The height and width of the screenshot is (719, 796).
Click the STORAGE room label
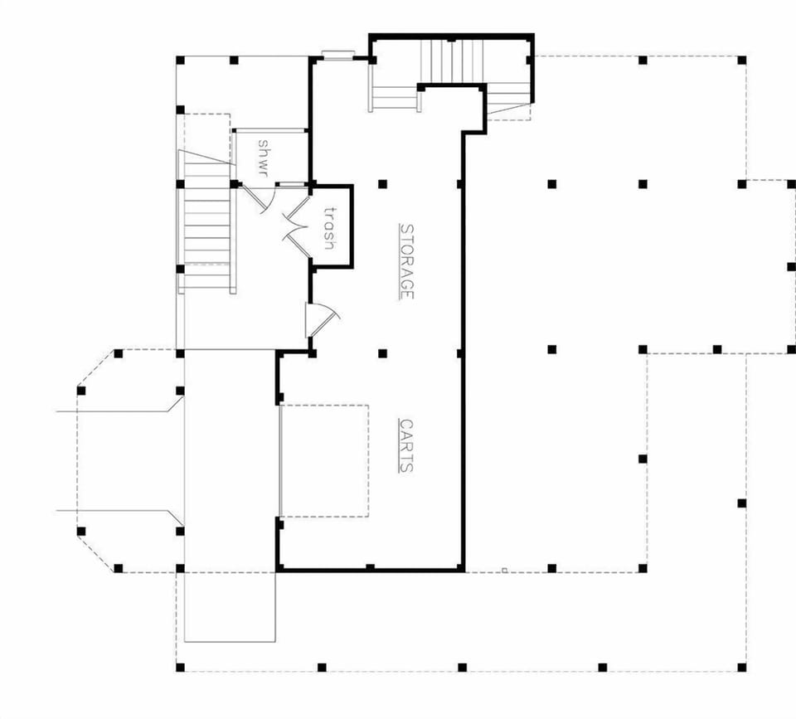click(406, 261)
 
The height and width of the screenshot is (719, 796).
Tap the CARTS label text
click(406, 445)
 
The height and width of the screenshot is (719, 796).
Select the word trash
click(329, 228)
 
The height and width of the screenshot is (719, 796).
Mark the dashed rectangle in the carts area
click(324, 460)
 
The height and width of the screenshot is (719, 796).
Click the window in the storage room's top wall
click(338, 56)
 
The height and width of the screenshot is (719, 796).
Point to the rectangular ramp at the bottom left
click(229, 605)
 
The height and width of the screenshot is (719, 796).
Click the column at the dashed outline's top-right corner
click(741, 60)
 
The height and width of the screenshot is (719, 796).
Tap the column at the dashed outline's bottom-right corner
click(741, 667)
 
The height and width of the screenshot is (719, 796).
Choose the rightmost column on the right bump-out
click(790, 266)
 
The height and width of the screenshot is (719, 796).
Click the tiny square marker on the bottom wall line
click(504, 570)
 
